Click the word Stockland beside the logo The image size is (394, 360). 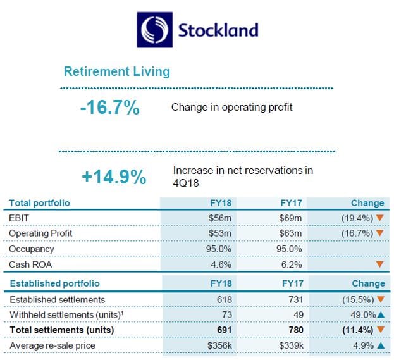pyautogui.click(x=217, y=30)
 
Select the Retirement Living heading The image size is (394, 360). pyautogui.click(x=117, y=71)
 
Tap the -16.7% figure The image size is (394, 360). pyautogui.click(x=109, y=108)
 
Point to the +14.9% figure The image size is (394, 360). pyautogui.click(x=114, y=177)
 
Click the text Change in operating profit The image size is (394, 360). pyautogui.click(x=231, y=108)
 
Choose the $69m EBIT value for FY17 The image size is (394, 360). pyautogui.click(x=291, y=218)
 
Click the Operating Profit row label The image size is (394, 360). pyautogui.click(x=40, y=233)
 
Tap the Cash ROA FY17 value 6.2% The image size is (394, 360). pyautogui.click(x=292, y=264)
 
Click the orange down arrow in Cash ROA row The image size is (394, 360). pyautogui.click(x=379, y=264)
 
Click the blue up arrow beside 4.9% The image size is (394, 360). pyautogui.click(x=380, y=345)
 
